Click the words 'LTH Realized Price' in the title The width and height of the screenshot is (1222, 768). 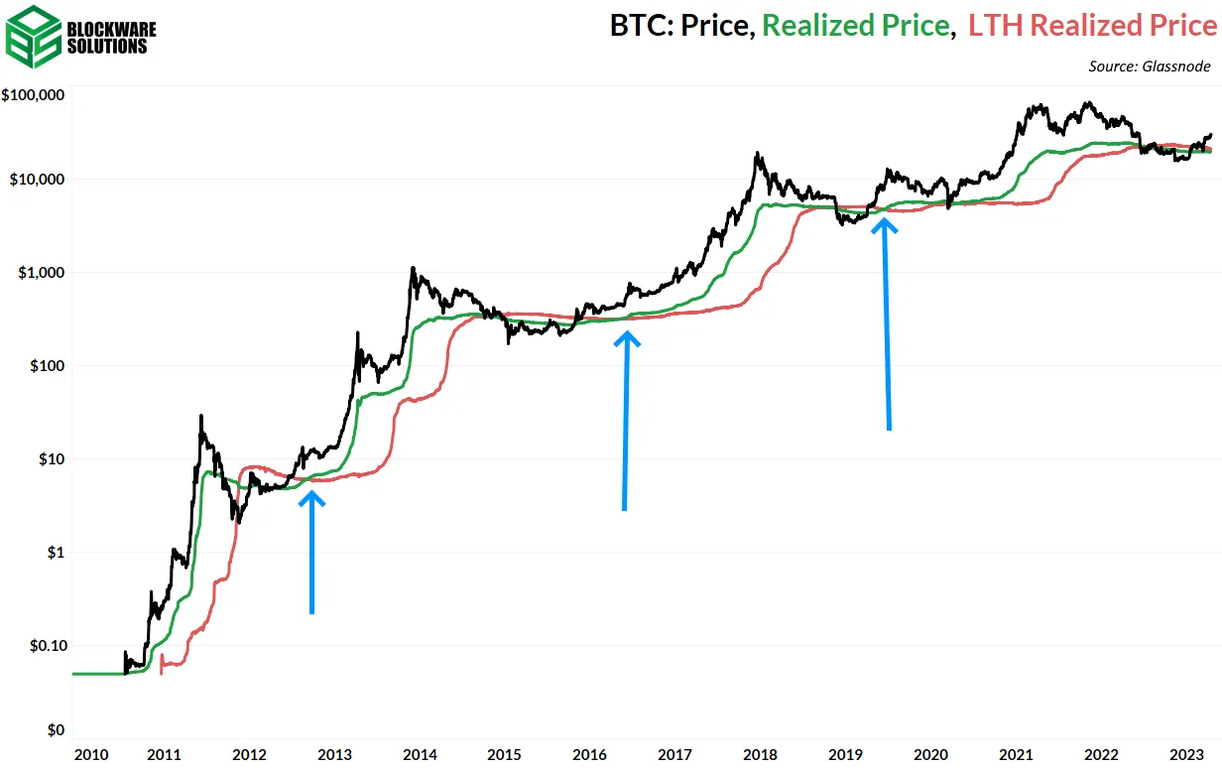tap(1092, 26)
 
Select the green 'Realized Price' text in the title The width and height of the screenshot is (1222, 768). tap(856, 26)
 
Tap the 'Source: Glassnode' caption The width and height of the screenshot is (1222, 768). tap(1152, 66)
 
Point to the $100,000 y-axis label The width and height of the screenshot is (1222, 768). tap(34, 96)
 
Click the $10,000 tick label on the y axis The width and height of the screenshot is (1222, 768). tap(37, 180)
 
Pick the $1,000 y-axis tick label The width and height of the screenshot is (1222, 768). tap(40, 273)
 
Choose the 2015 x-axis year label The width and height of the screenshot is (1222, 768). tap(505, 754)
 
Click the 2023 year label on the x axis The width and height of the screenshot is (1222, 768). tap(1186, 754)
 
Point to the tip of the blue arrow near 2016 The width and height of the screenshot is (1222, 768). tap(627, 334)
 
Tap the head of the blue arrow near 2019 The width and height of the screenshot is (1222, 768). tap(885, 222)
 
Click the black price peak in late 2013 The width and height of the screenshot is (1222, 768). tap(412, 268)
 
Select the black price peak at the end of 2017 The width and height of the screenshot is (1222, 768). tap(758, 153)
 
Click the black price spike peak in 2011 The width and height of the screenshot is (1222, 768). tap(201, 416)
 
